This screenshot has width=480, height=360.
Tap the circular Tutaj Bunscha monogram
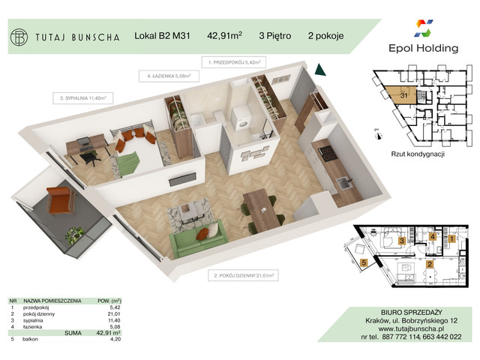click(21, 35)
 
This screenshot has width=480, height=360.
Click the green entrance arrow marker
click(320, 70)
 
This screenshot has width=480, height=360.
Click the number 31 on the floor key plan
click(403, 94)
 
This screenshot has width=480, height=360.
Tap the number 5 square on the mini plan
click(363, 263)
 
